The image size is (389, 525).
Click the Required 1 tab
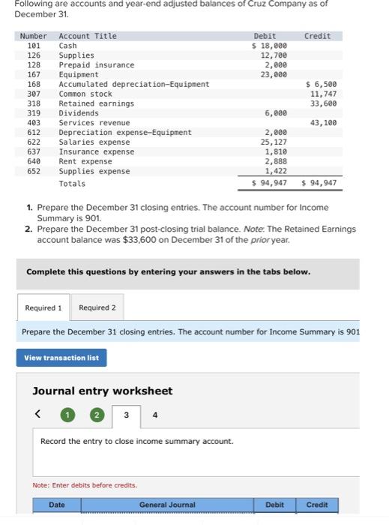(43, 307)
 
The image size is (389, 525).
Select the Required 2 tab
(97, 307)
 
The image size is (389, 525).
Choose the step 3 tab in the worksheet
(126, 415)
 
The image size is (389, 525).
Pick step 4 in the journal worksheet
(155, 415)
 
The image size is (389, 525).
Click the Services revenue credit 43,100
(323, 123)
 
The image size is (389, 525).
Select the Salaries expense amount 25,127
(273, 142)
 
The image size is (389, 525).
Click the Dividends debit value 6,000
(275, 113)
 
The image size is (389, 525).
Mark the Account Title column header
(88, 36)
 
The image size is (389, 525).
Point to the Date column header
(57, 505)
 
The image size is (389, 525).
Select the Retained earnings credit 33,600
(323, 103)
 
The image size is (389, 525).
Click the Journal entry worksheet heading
(102, 391)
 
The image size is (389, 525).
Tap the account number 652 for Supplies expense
(34, 171)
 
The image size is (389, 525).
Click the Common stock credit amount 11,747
(323, 94)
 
